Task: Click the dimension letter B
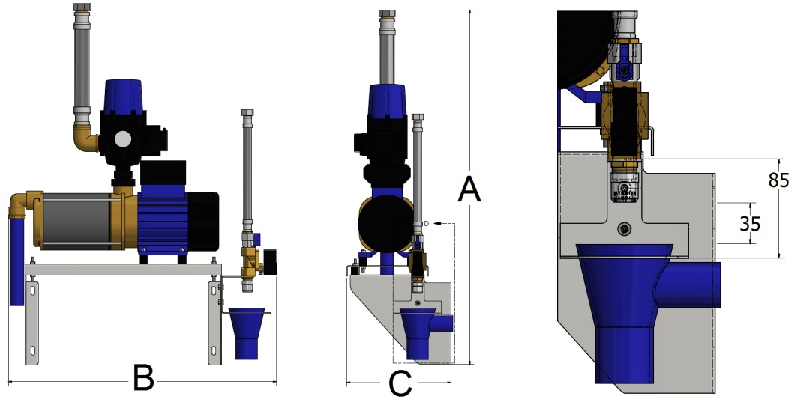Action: click(x=143, y=378)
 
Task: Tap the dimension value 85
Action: click(x=778, y=181)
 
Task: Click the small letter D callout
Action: click(x=426, y=223)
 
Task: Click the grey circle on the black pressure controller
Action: click(x=122, y=140)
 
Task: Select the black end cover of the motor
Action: click(x=204, y=221)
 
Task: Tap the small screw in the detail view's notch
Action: click(x=622, y=228)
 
